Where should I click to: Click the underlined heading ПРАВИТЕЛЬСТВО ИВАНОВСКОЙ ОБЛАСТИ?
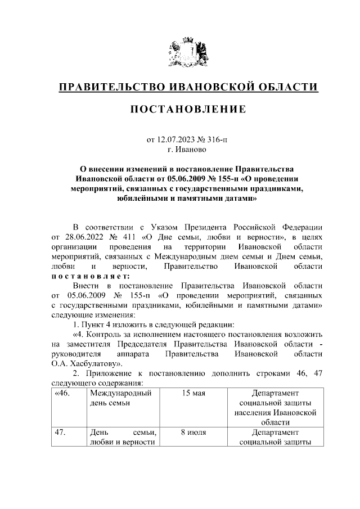click(x=188, y=87)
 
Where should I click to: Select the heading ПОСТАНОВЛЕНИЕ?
click(x=188, y=109)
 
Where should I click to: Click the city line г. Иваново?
click(x=188, y=150)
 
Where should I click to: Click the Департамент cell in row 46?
click(x=275, y=407)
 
